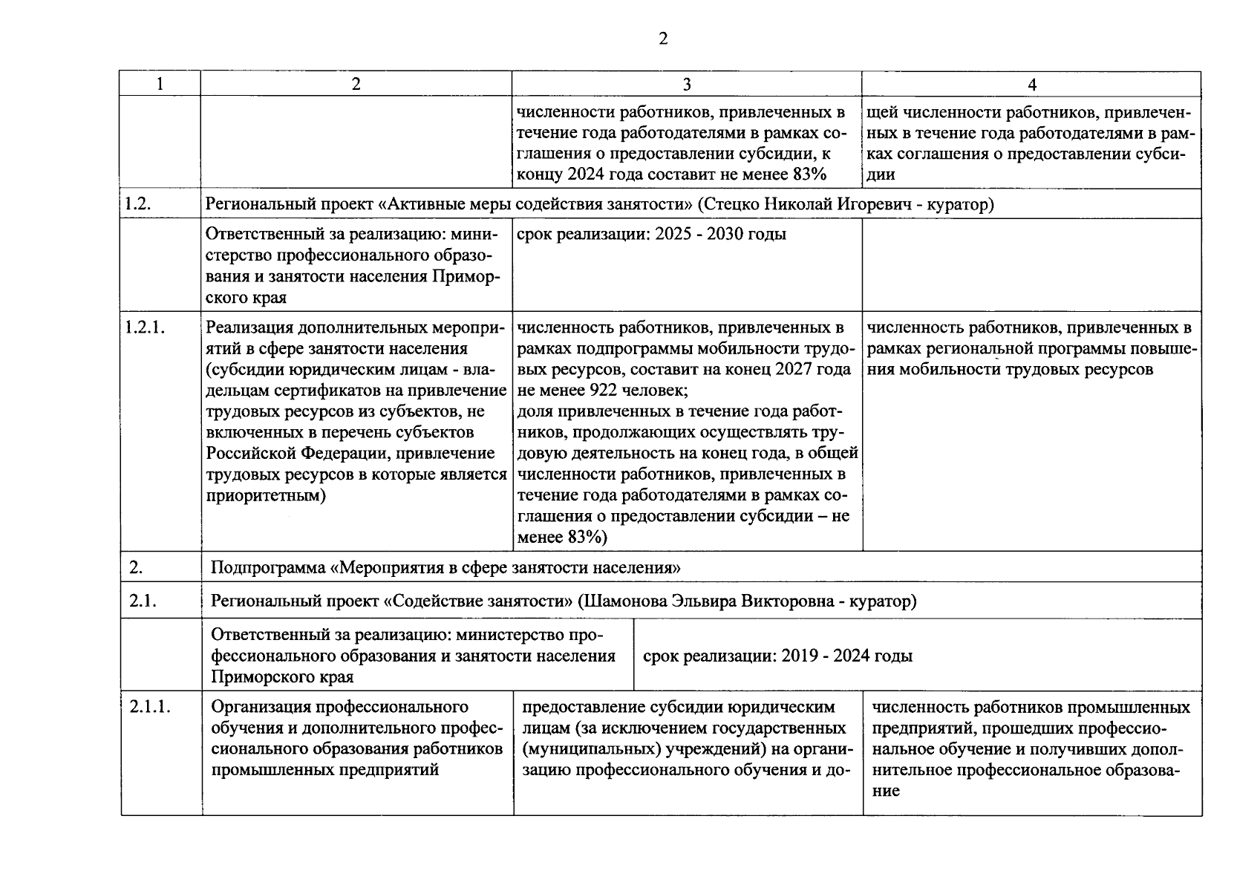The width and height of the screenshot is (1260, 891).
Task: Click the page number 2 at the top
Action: (x=663, y=39)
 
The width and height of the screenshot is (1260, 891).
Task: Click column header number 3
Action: (x=686, y=85)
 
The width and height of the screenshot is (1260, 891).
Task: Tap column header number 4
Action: (x=1031, y=85)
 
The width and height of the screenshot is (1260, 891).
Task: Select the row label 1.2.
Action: (x=138, y=204)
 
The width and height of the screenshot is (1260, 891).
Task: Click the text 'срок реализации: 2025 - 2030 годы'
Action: (x=650, y=235)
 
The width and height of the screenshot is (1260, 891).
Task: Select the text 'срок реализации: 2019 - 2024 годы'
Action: (x=777, y=656)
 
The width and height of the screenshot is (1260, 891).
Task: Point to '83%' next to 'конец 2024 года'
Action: (x=808, y=174)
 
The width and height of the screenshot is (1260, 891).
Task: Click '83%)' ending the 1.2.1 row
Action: (x=587, y=537)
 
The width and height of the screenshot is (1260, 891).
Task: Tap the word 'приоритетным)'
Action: (x=266, y=495)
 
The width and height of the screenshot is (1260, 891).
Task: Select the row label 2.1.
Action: (x=143, y=601)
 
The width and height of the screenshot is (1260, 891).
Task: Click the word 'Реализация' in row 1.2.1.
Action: (x=249, y=327)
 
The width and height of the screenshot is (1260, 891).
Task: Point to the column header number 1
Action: (x=160, y=85)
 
